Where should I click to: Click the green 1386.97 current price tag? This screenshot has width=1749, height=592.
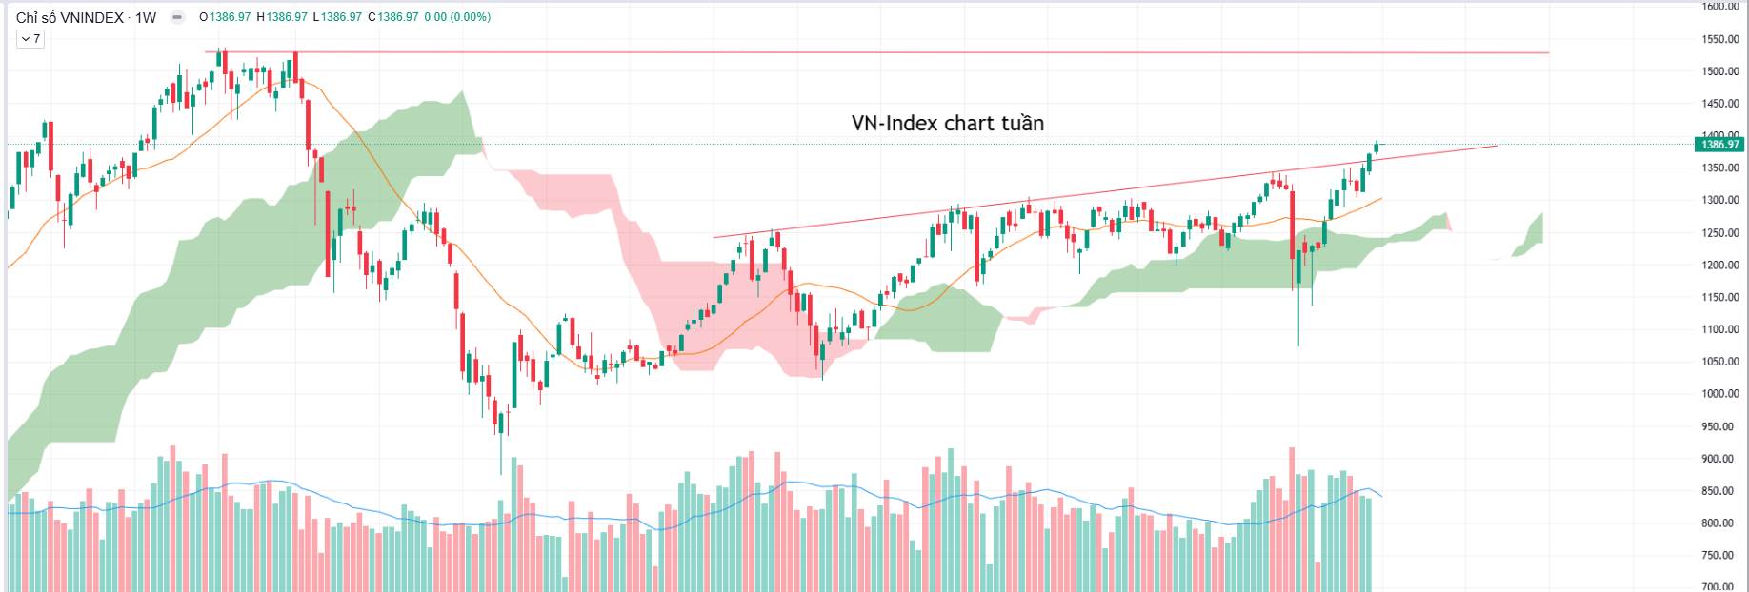coord(1719,145)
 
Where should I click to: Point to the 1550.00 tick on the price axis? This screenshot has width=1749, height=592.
coord(1721,39)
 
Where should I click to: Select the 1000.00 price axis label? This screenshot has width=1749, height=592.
coord(1721,394)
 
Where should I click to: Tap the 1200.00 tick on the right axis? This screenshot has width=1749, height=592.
coord(1721,266)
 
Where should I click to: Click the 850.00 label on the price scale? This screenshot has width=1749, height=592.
coord(1721,491)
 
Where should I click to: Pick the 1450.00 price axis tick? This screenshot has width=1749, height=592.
coord(1721,104)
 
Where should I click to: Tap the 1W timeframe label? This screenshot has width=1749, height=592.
coord(146,17)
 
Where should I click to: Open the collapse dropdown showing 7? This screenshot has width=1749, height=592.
coord(30,39)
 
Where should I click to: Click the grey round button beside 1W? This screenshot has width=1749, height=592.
coord(177,17)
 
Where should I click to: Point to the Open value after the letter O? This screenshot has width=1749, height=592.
coord(231,17)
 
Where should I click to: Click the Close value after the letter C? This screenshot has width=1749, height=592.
coord(398,17)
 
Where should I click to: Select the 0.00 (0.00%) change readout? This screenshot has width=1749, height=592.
coord(457,17)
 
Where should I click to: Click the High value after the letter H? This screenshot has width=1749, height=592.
coord(287,17)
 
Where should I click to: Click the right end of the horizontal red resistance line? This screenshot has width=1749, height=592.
coord(1547,52)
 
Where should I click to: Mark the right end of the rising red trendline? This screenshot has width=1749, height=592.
coord(1497,146)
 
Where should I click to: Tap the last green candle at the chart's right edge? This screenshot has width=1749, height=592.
coord(1376,147)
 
